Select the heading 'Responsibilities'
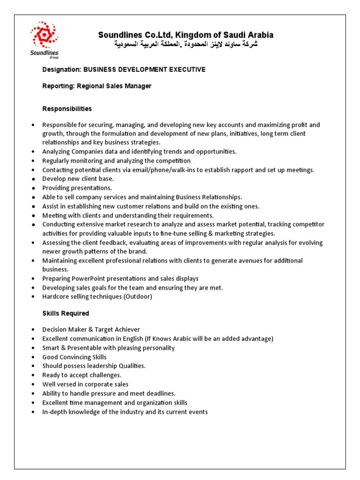(x=67, y=109)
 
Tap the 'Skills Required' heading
(x=66, y=313)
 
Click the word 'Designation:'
(x=61, y=69)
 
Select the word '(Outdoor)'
(x=138, y=296)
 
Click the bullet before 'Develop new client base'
(x=33, y=179)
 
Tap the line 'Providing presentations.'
(x=77, y=188)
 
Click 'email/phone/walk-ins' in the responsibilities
(x=144, y=170)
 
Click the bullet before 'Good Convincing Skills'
(x=33, y=357)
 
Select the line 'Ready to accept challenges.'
(x=82, y=375)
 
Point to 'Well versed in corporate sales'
(x=85, y=384)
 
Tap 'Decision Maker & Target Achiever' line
(x=91, y=330)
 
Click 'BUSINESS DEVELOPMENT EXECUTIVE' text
(x=144, y=69)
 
